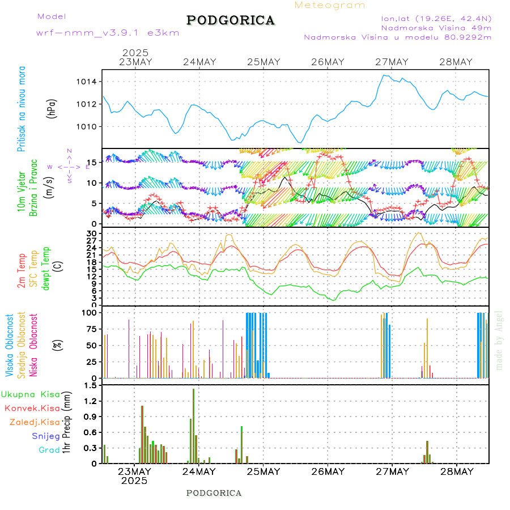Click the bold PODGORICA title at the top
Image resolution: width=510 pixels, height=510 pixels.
coord(231,20)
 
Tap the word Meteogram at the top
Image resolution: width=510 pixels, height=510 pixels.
coord(330,5)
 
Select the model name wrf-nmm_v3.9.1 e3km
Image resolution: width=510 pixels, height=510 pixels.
coord(108,32)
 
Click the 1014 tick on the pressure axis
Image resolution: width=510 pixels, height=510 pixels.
coord(87,82)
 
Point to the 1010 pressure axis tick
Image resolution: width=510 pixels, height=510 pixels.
coord(87,126)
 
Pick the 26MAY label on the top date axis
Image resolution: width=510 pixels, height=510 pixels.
coord(328,62)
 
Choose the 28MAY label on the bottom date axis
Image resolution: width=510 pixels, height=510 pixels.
coord(456,471)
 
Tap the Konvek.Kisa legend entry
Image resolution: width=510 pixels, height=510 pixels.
coord(32,408)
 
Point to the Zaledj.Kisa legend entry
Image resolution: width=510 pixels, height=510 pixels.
coord(35,422)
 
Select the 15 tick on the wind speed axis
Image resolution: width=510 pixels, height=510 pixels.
coord(92,163)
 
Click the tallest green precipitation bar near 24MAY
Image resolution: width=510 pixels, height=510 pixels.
coord(193,425)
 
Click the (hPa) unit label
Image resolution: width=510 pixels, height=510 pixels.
coord(52,108)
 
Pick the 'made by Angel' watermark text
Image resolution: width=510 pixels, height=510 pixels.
coord(499,340)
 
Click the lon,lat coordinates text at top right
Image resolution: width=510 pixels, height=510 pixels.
coord(436,18)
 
